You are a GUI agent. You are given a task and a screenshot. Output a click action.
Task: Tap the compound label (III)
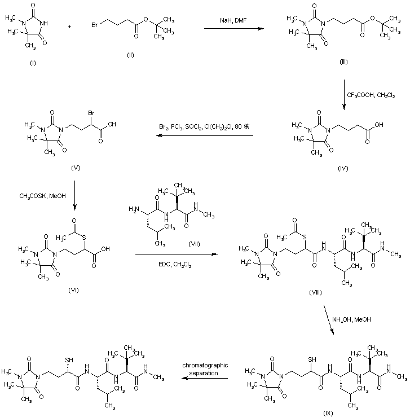(x=343, y=62)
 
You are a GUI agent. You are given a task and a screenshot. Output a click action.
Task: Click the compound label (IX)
(x=328, y=412)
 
